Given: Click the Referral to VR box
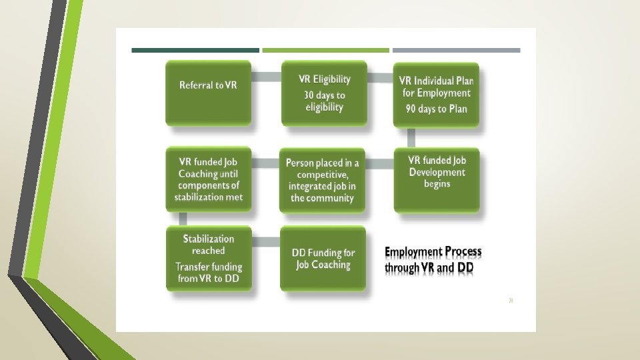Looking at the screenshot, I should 208,92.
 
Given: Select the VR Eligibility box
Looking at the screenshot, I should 324,92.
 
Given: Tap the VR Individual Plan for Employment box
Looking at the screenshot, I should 436,93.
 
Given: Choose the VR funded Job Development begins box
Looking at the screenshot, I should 437,179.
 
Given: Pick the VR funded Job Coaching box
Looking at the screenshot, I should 208,179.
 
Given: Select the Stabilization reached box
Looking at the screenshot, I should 208,258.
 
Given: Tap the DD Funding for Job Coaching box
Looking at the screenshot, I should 323,258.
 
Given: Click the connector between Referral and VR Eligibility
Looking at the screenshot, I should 266,76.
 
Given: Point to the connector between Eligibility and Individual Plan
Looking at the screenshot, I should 380,78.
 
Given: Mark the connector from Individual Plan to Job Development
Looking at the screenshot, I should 411,137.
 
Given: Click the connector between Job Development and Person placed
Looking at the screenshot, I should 380,163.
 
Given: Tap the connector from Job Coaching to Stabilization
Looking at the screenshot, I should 183,219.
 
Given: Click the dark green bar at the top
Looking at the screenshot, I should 195,50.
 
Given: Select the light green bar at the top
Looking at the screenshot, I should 325,50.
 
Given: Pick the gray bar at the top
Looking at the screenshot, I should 456,50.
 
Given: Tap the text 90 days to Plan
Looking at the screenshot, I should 437,109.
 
